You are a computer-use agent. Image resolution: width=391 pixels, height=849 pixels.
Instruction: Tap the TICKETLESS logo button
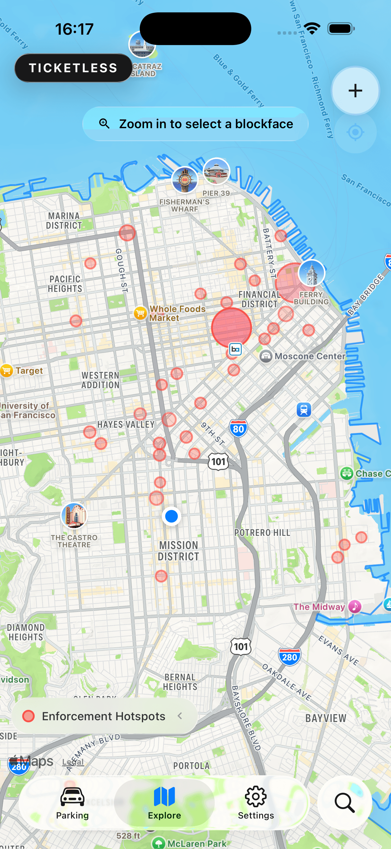click(73, 68)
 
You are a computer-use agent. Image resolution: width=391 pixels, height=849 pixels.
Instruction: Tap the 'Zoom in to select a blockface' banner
click(195, 124)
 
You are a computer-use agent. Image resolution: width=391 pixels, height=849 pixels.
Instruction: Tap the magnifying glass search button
click(344, 803)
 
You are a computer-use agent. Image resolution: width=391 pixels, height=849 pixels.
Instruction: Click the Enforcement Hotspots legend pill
click(104, 716)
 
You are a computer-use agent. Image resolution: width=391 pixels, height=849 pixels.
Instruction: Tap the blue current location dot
click(172, 516)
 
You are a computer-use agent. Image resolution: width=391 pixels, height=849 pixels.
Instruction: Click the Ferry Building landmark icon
click(311, 273)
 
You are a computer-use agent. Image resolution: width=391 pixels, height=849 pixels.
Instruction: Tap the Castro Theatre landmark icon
click(74, 515)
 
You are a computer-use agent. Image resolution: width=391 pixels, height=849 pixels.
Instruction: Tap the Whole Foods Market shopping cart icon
click(140, 313)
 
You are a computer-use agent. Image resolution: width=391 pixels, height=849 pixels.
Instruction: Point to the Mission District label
click(178, 551)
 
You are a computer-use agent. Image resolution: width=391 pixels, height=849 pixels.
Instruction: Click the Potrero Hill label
click(262, 533)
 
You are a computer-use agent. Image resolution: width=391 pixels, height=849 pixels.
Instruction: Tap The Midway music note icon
click(355, 607)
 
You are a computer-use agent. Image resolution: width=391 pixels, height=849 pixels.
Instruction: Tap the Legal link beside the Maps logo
click(73, 762)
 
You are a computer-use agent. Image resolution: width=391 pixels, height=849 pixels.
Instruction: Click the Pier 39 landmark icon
click(216, 171)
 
